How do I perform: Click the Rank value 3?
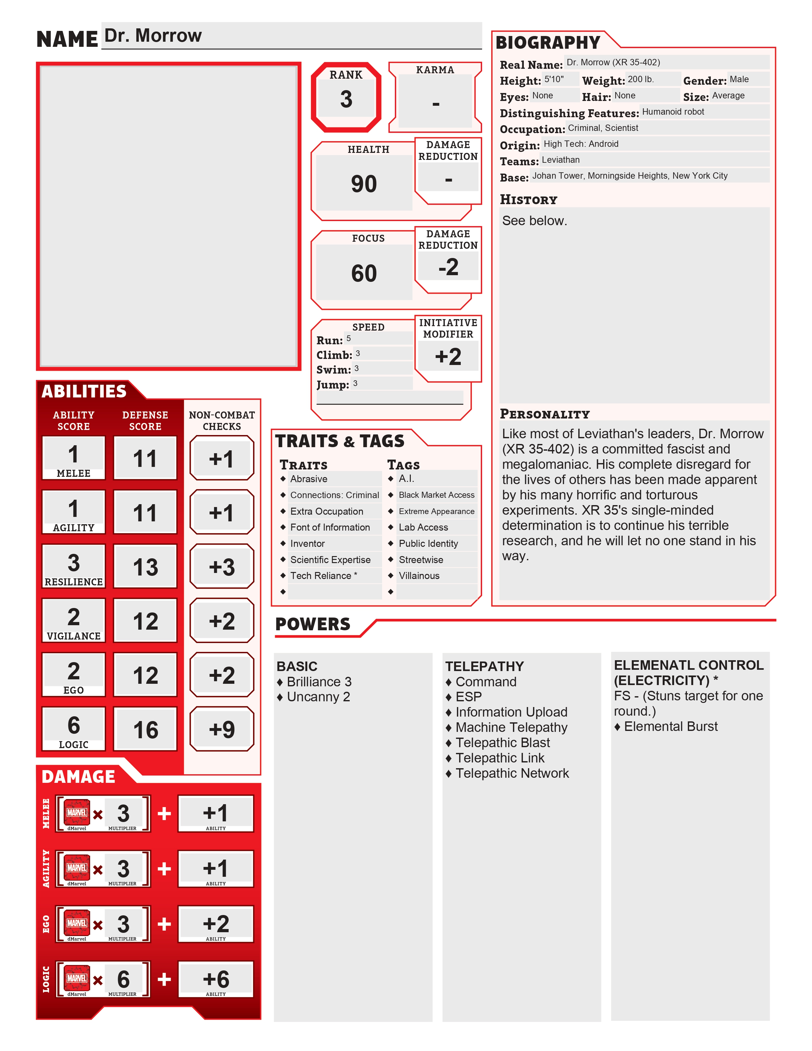(x=346, y=99)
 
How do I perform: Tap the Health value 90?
(x=364, y=184)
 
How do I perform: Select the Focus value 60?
(x=364, y=273)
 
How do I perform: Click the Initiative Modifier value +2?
(x=448, y=357)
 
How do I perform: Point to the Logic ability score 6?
(x=74, y=725)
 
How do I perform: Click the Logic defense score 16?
(x=145, y=730)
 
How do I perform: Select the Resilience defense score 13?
(x=145, y=567)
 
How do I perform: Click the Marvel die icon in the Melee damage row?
(x=77, y=812)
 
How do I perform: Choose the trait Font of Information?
(x=330, y=527)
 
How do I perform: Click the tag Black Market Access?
(x=436, y=495)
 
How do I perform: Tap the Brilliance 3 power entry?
(x=319, y=682)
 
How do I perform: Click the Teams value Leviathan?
(x=560, y=160)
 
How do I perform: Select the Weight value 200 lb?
(x=640, y=79)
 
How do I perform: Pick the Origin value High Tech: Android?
(x=581, y=144)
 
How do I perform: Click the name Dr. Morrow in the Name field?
(x=153, y=36)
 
